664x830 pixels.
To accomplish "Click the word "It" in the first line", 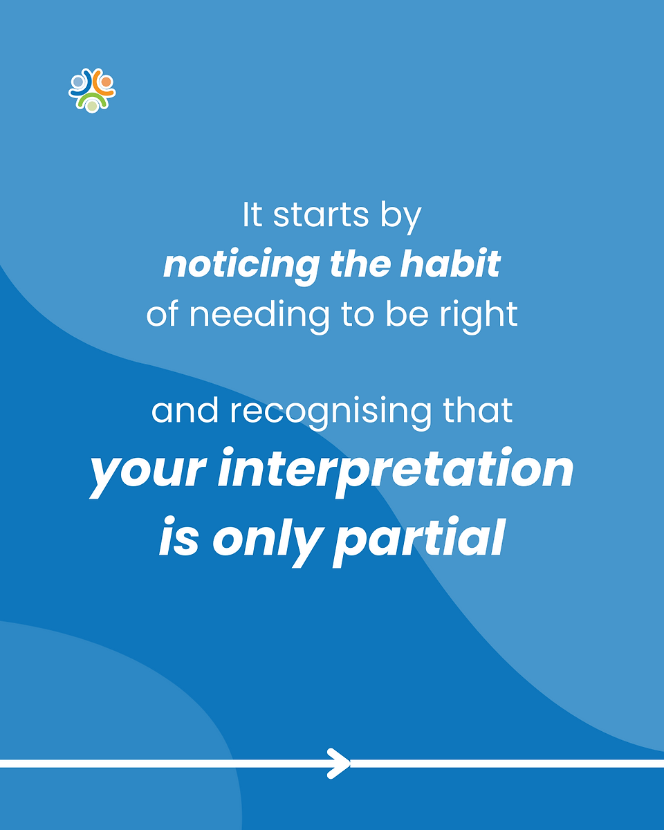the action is tap(252, 215).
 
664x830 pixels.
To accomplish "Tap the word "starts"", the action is tap(321, 215).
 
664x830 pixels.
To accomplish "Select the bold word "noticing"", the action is tap(242, 266).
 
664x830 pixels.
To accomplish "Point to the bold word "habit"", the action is tap(451, 264).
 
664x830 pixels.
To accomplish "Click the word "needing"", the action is tap(259, 315).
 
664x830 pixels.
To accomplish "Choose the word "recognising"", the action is tap(331, 412).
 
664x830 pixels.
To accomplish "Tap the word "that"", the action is tap(478, 411).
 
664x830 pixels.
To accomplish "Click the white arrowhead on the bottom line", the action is tap(340, 764).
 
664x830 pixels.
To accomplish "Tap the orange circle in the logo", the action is tap(106, 82).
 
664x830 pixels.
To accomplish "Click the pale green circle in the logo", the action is tap(92, 105).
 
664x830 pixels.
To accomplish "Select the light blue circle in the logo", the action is tap(78, 82).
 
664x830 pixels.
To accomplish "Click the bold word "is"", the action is tap(179, 537).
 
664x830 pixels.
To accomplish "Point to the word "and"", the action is tap(185, 411).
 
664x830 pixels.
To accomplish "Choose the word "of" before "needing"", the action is tap(162, 314).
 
